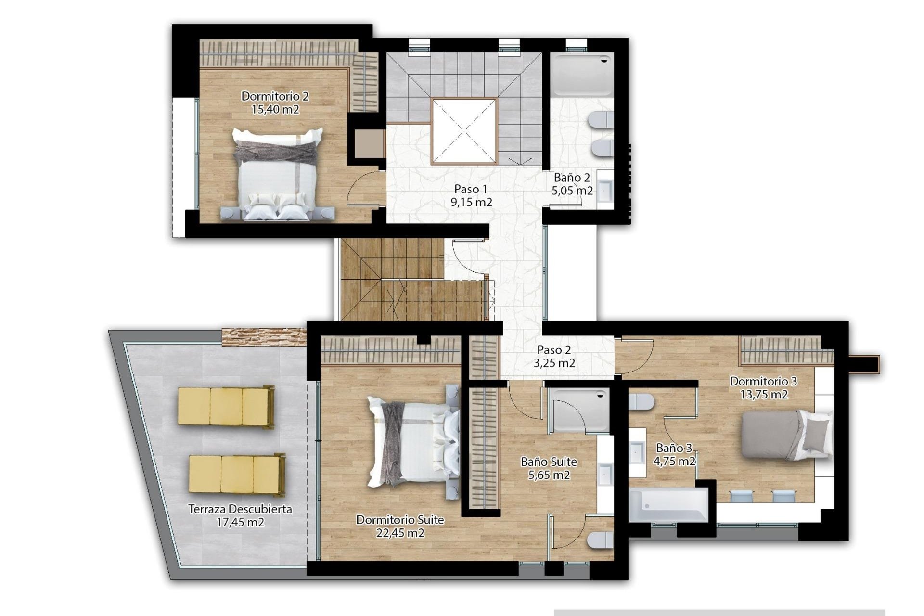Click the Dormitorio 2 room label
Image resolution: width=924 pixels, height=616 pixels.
(275, 96)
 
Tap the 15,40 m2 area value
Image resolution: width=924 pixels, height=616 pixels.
(275, 110)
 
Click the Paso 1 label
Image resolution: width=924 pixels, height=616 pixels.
(471, 189)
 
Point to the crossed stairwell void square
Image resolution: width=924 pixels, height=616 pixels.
(464, 131)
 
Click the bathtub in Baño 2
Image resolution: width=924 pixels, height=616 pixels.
(582, 75)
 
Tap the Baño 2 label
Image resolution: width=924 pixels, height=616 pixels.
(572, 178)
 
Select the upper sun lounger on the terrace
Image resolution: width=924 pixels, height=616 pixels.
(226, 407)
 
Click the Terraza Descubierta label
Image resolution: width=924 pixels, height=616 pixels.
(240, 509)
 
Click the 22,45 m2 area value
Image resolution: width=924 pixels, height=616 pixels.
(400, 533)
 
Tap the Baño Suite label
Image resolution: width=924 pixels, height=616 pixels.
(549, 462)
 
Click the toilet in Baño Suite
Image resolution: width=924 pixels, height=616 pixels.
(600, 540)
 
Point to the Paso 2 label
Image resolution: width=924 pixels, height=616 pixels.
(554, 350)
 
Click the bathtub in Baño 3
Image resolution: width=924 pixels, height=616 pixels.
(668, 504)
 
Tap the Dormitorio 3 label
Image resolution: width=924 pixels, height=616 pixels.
(763, 382)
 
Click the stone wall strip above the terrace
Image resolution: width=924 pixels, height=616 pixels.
(264, 336)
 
